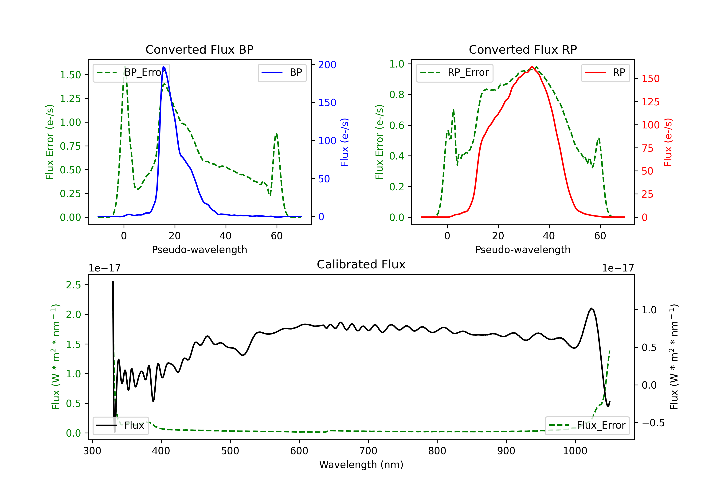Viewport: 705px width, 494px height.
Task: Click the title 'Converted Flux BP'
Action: pyautogui.click(x=199, y=49)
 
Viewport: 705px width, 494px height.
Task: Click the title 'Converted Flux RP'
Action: pyautogui.click(x=523, y=49)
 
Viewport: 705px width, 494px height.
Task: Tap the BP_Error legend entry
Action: pyautogui.click(x=131, y=72)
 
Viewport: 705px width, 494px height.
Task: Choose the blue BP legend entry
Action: pyautogui.click(x=282, y=72)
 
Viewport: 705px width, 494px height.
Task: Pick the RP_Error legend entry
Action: pyautogui.click(x=454, y=72)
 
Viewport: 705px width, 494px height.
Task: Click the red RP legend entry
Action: pyautogui.click(x=605, y=72)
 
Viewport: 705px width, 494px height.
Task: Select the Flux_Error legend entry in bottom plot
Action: pyautogui.click(x=587, y=426)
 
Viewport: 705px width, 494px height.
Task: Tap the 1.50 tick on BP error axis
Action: pyautogui.click(x=70, y=75)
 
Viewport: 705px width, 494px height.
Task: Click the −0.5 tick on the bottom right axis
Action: pyautogui.click(x=653, y=423)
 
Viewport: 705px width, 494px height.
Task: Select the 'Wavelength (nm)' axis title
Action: pyautogui.click(x=361, y=465)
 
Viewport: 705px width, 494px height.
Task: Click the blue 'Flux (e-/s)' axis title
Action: pyautogui.click(x=345, y=142)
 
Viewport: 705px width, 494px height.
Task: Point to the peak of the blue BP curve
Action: pyautogui.click(x=163, y=67)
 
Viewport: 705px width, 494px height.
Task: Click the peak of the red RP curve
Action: pyautogui.click(x=532, y=67)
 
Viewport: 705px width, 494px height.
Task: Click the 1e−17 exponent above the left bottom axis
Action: pyautogui.click(x=104, y=268)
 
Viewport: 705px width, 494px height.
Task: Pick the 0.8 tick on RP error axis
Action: pyautogui.click(x=397, y=94)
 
